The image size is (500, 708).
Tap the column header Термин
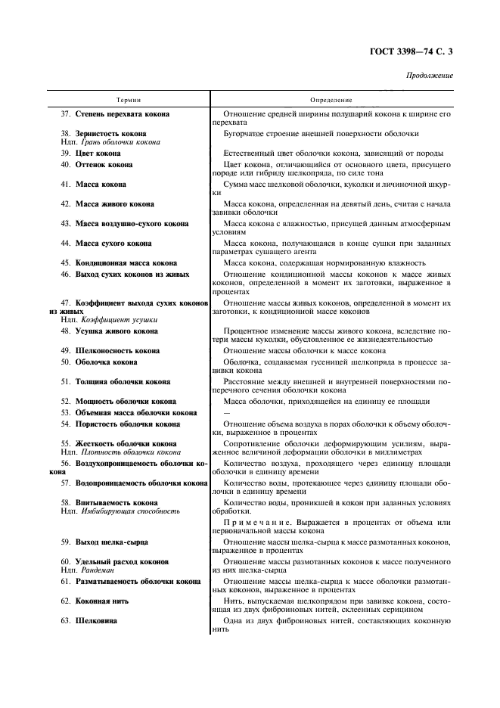[x=129, y=99]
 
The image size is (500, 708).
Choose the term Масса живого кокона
[x=114, y=204]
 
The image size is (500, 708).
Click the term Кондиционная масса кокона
[x=126, y=263]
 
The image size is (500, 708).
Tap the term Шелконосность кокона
[x=117, y=351]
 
